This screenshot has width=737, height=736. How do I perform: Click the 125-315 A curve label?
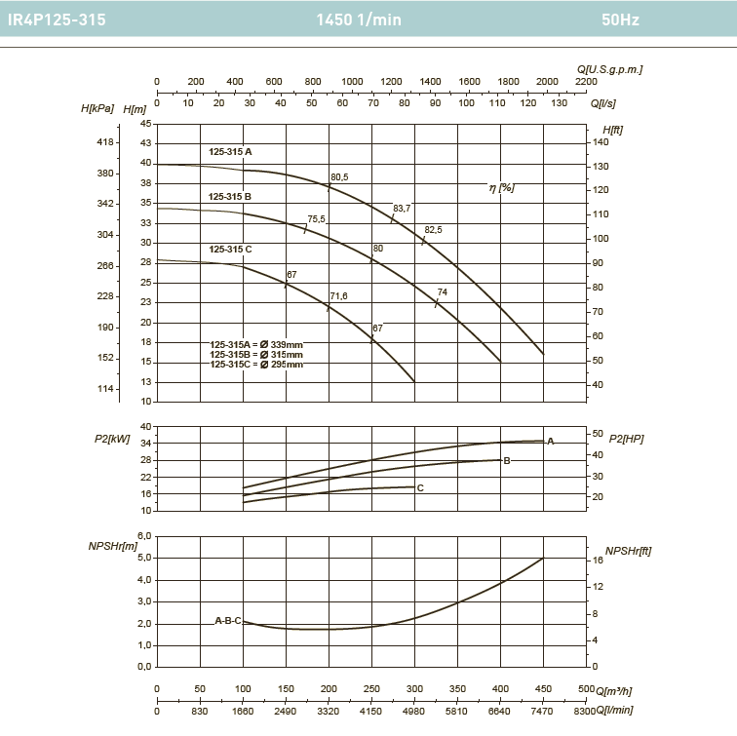230,152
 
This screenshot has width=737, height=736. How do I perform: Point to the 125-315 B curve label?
230,197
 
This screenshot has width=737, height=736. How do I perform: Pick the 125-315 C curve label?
230,250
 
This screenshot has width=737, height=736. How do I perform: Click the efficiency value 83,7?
402,208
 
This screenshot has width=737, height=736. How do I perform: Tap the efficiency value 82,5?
433,230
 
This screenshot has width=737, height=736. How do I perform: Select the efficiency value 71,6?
338,295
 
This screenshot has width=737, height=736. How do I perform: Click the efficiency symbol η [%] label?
501,187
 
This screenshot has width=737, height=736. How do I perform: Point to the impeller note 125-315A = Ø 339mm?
257,345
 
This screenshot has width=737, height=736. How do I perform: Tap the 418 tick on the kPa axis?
106,142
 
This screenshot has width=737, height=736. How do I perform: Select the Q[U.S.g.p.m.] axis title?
609,69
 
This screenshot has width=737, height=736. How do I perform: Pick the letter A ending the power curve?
550,442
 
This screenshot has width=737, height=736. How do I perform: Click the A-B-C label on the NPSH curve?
227,620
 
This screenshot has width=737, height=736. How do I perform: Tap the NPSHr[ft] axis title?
628,551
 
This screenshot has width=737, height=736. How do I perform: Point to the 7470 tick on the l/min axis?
543,711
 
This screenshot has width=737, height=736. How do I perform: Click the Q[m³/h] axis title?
614,690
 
